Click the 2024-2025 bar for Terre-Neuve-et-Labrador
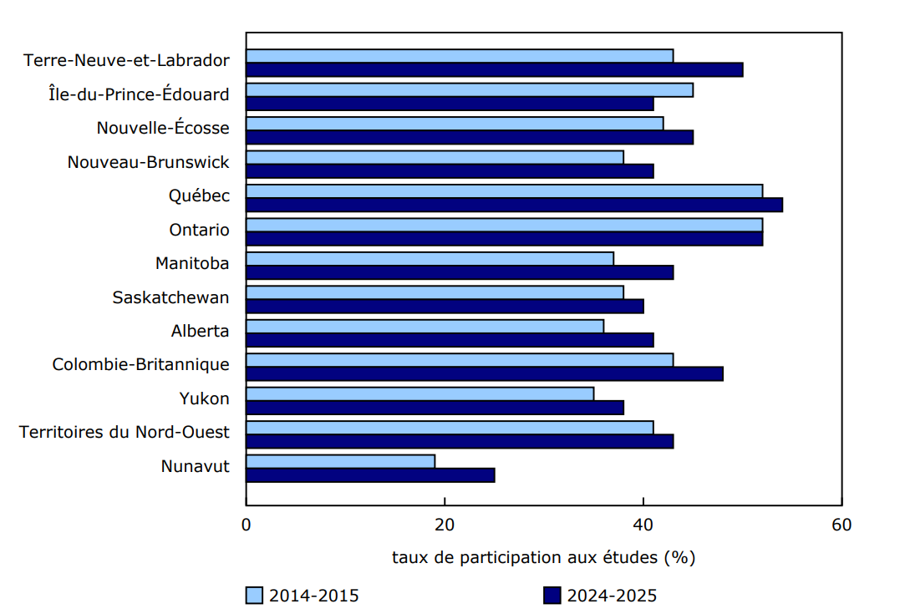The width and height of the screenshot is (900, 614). (495, 69)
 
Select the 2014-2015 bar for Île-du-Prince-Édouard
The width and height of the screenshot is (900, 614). (470, 90)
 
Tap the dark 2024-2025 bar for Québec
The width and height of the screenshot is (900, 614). (514, 205)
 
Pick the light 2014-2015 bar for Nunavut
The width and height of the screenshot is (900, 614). (341, 461)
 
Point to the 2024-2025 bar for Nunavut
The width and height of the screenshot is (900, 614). (370, 475)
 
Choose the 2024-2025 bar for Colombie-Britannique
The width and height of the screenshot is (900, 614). (485, 373)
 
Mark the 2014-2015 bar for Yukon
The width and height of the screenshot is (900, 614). (420, 393)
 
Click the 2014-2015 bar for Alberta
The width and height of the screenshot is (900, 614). (425, 326)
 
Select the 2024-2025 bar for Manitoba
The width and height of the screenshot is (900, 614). (460, 272)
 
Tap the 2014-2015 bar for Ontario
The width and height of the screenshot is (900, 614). (504, 225)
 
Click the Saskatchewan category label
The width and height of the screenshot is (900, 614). (170, 297)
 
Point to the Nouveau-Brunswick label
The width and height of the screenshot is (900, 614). (148, 162)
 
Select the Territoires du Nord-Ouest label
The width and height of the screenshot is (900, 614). (124, 432)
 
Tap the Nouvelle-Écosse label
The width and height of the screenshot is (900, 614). (162, 128)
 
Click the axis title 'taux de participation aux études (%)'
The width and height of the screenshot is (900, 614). (543, 557)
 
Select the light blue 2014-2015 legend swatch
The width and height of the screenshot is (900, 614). (254, 596)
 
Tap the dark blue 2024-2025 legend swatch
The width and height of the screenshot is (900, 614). (552, 596)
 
